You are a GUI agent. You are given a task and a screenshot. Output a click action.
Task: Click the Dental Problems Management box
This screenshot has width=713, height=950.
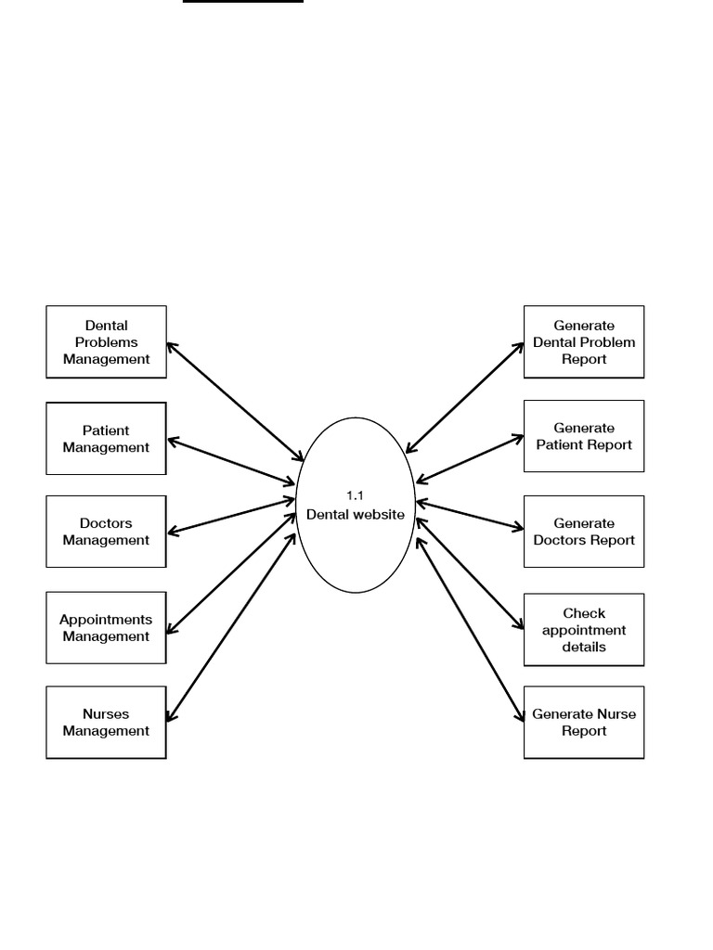point(106,341)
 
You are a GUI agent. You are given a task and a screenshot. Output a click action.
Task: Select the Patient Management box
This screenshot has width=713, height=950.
point(106,438)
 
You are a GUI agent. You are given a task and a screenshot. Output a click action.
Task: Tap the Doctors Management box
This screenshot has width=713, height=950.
point(106,532)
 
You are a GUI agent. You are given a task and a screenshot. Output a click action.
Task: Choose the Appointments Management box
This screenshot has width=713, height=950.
point(106,628)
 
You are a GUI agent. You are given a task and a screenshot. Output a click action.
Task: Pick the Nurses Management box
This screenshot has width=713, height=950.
point(106,723)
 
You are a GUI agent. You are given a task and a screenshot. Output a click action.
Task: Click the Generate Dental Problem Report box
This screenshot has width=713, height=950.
point(584,341)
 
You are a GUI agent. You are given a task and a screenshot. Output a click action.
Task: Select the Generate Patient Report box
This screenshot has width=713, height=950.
point(584,436)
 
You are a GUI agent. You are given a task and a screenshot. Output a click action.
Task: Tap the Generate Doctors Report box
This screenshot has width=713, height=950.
point(584,532)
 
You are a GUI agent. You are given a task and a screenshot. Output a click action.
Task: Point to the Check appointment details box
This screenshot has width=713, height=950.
point(584,630)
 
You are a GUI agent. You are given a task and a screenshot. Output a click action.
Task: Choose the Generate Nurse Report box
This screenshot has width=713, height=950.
point(584,723)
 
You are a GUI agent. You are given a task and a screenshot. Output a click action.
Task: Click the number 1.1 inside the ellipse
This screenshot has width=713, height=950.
point(355,496)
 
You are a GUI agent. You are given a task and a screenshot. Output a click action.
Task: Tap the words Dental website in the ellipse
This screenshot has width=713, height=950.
point(356,514)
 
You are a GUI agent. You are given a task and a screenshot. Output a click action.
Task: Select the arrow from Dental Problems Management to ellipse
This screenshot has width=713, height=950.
point(236,402)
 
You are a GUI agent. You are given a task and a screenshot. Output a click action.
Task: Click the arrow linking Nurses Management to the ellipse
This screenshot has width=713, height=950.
point(231,626)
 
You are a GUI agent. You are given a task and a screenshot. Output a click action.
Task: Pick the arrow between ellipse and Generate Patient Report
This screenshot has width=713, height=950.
point(470,458)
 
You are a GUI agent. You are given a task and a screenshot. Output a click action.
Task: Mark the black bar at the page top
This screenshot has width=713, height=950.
point(243,2)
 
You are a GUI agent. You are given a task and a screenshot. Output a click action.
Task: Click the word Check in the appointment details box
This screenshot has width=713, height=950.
point(584,613)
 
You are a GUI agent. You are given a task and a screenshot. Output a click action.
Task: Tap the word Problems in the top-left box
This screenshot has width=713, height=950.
point(106,342)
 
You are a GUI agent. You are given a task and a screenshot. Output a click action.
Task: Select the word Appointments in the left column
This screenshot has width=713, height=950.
point(106,620)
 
